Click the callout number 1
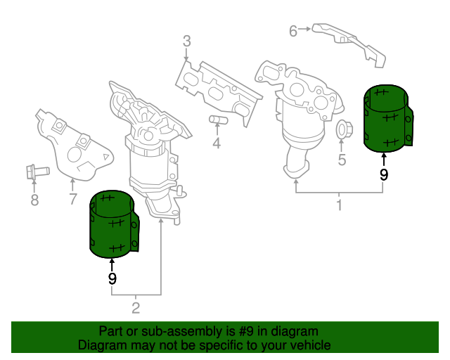(x=339, y=205)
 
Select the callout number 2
(x=136, y=307)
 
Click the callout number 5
(x=342, y=160)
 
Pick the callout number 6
(x=293, y=30)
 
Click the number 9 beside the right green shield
(x=383, y=175)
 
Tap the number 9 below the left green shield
(x=112, y=278)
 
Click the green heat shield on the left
(x=113, y=223)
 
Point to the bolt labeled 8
(x=34, y=170)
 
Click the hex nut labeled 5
(x=343, y=130)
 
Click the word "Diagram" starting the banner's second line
(x=101, y=345)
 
